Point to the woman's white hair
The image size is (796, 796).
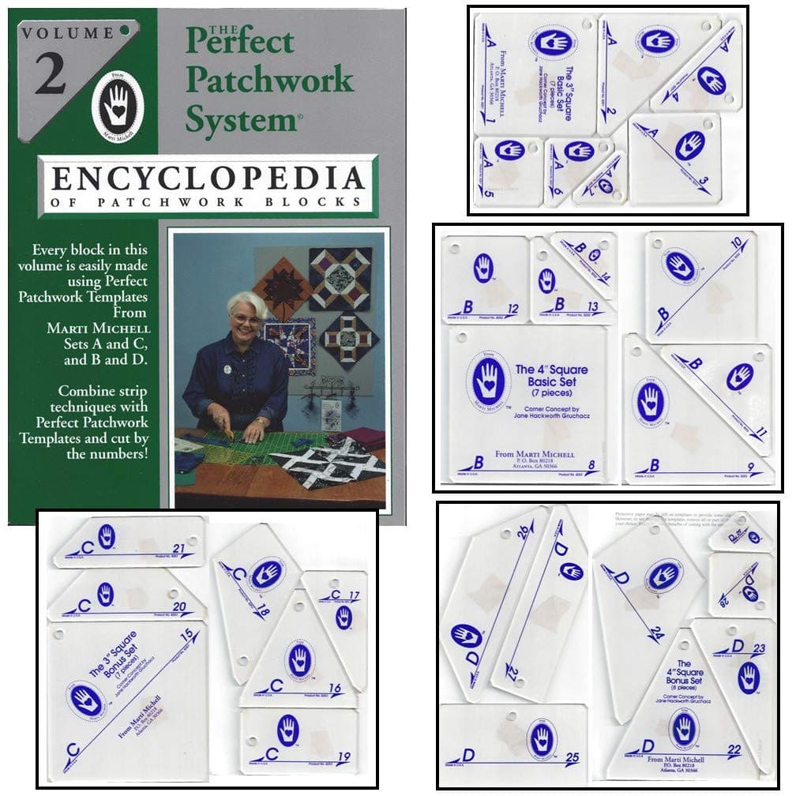247,304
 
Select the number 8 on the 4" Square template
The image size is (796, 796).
603,465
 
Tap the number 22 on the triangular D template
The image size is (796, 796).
734,749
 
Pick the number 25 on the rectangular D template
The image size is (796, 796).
573,758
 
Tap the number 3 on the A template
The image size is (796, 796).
704,190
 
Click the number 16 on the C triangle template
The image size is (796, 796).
335,689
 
